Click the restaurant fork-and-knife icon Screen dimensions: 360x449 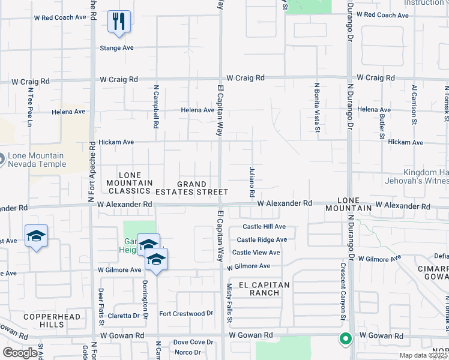pyautogui.click(x=119, y=23)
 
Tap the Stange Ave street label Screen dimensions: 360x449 pyautogui.click(x=116, y=47)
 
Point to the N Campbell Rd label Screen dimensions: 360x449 pyautogui.click(x=155, y=106)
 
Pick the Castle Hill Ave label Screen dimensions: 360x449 pyautogui.click(x=264, y=227)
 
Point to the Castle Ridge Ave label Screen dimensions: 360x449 pyautogui.click(x=262, y=239)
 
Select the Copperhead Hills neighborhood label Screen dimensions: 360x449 pyautogui.click(x=44, y=320)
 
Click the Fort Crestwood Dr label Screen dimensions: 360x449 pyautogui.click(x=186, y=313)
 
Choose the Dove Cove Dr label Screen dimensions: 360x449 pyautogui.click(x=193, y=342)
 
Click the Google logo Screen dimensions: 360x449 pyautogui.click(x=20, y=353)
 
